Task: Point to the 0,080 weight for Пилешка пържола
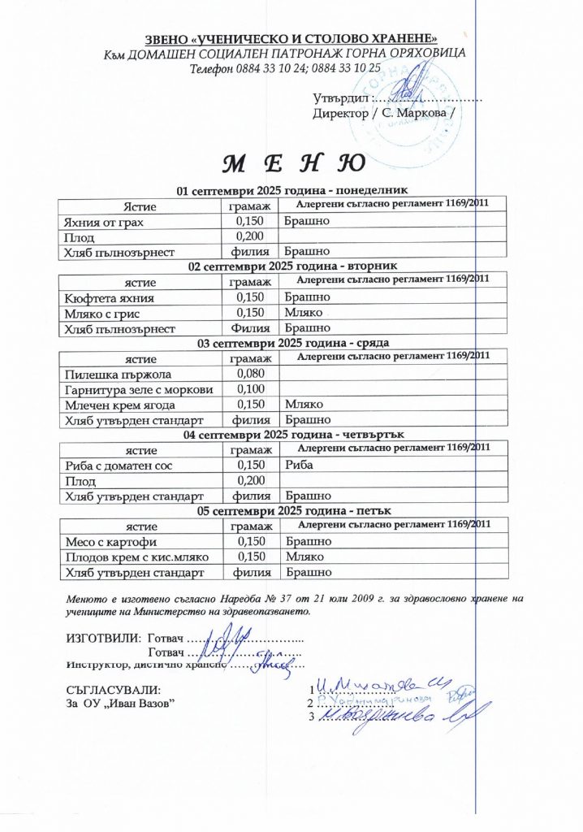tap(251, 374)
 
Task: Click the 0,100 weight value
tap(251, 389)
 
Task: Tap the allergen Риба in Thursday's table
tap(300, 466)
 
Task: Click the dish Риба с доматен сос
tap(119, 466)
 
